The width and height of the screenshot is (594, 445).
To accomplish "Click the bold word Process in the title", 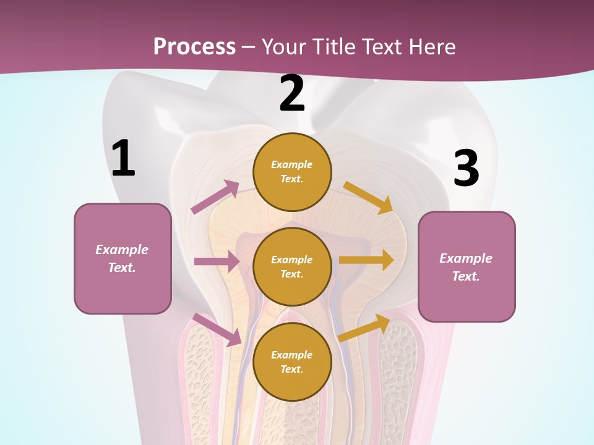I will [194, 46].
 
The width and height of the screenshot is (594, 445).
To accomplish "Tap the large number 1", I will [123, 158].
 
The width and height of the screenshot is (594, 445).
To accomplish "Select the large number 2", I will [292, 93].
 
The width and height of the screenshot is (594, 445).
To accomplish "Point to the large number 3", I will [466, 169].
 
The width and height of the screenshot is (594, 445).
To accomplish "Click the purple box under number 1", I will [123, 258].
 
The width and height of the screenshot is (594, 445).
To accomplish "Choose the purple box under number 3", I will [467, 266].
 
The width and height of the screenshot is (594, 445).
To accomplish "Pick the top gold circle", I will [292, 172].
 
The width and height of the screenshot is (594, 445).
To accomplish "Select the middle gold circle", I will [292, 266].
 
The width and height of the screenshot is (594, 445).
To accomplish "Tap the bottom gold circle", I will [292, 362].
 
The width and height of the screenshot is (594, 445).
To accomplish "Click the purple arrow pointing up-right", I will [215, 197].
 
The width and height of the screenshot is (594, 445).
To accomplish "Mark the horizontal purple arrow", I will [217, 261].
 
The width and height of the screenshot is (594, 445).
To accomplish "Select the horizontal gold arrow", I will [366, 260].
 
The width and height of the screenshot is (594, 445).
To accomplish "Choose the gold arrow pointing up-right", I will [364, 328].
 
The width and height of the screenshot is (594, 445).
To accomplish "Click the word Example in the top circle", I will [292, 164].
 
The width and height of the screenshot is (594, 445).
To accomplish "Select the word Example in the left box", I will [122, 250].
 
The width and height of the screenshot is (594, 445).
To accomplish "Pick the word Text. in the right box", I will [466, 276].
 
